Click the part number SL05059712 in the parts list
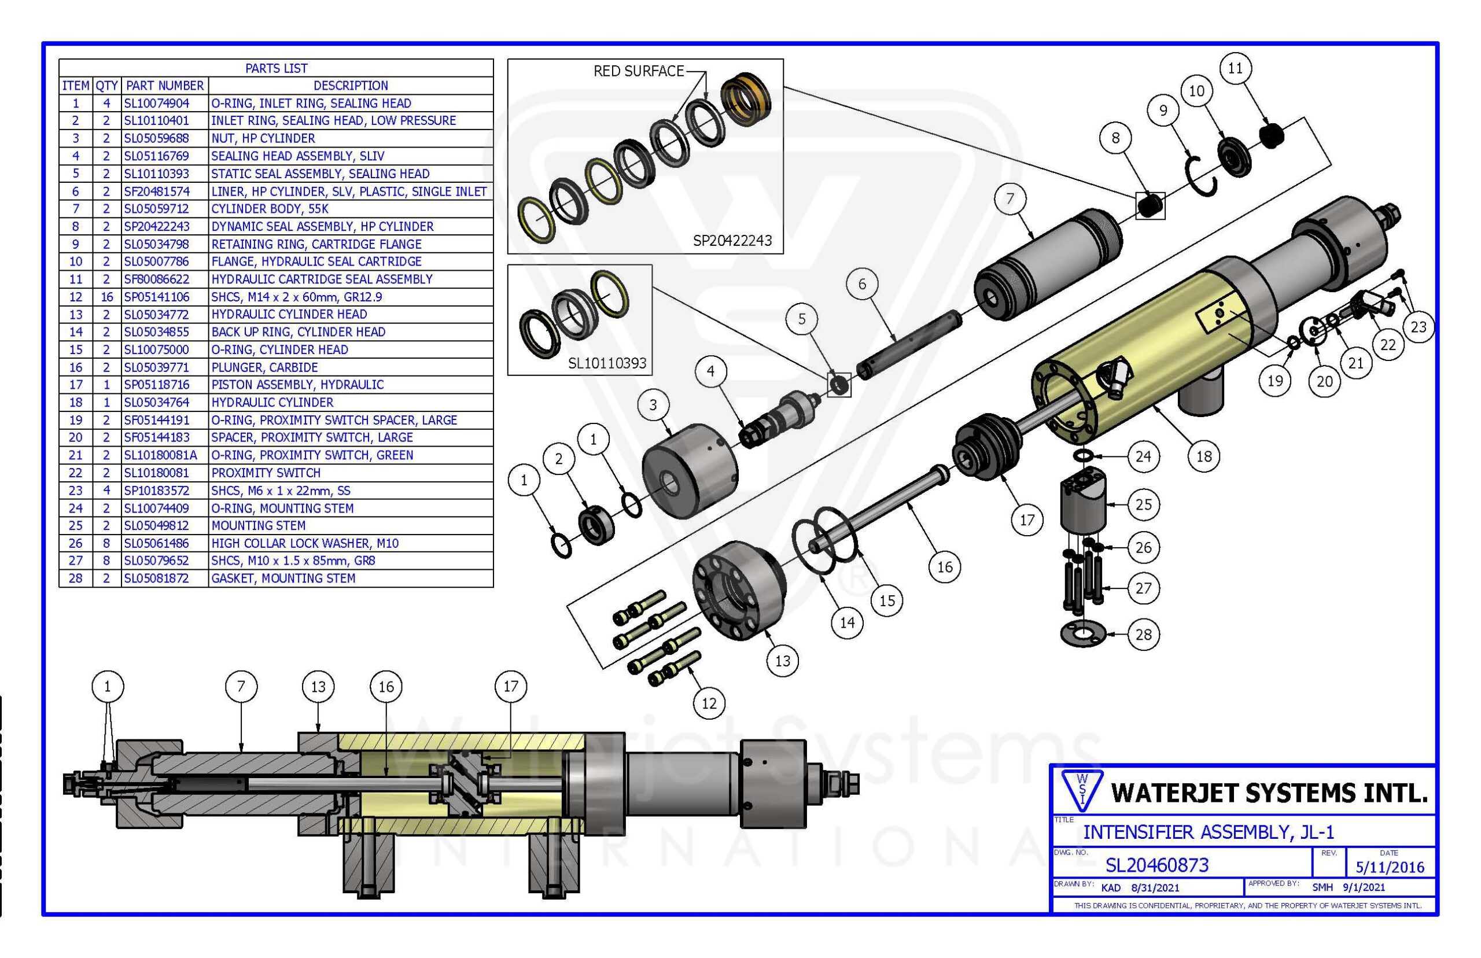[156, 209]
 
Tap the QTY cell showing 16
[106, 297]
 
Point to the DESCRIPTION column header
[350, 86]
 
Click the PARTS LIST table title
[276, 68]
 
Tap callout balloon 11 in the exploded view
[1235, 68]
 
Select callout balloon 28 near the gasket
[1143, 635]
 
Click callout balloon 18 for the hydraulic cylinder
[1203, 456]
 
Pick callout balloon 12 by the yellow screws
[709, 703]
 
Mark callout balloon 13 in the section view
[318, 687]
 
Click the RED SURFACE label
[638, 72]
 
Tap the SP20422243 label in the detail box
[732, 241]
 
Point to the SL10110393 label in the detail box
[607, 363]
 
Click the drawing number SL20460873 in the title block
[1156, 865]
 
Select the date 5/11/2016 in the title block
[1390, 867]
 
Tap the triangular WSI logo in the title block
[1082, 791]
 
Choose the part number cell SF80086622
[156, 279]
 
